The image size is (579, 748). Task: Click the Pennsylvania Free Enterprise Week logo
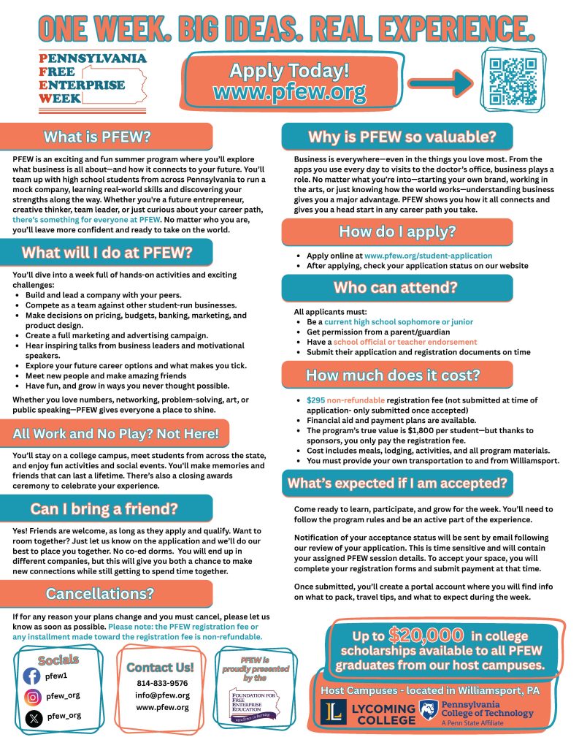coord(93,81)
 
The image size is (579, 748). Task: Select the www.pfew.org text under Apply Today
coord(289,93)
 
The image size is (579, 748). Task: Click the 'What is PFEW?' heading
coord(107,137)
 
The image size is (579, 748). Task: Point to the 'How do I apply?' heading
coord(396,232)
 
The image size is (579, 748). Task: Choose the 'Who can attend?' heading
coord(396,287)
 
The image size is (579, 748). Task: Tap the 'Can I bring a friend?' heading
coord(107,508)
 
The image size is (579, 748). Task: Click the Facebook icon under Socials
coord(31,676)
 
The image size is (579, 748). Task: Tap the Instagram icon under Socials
coord(31,696)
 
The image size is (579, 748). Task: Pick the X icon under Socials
coord(31,717)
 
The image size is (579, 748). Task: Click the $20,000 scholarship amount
coord(426,634)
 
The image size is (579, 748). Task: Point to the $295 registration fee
coord(315,400)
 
